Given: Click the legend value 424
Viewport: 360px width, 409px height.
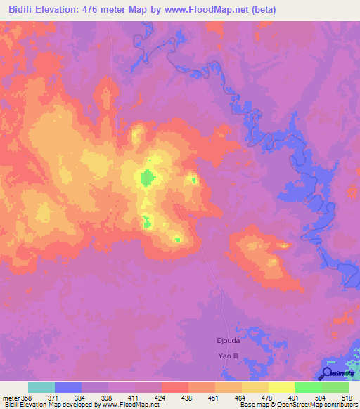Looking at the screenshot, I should [x=162, y=397].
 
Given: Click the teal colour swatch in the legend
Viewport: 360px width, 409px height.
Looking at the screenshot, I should [x=41, y=387].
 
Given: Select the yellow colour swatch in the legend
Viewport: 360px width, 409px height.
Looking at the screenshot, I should [x=281, y=387].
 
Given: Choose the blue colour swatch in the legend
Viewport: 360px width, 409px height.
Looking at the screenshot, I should [x=68, y=387].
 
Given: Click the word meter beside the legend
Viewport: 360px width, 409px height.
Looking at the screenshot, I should [x=9, y=397].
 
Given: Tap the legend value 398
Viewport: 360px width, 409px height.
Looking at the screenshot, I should [x=108, y=397].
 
